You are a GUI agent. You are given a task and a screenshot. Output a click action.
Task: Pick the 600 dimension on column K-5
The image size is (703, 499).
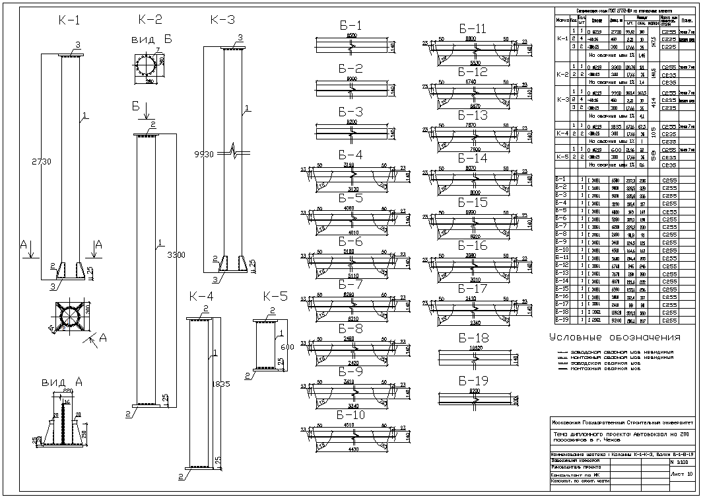point(286,348)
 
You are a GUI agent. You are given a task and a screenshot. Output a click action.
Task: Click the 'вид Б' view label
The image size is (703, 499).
point(151,40)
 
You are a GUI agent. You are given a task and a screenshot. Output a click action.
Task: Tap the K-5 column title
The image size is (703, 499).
point(275,295)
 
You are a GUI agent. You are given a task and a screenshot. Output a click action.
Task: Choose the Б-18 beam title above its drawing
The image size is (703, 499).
point(473,337)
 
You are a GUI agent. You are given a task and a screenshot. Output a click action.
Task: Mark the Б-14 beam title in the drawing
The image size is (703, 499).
point(472,158)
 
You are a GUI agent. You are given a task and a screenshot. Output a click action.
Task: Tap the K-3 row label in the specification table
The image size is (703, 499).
point(562,100)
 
